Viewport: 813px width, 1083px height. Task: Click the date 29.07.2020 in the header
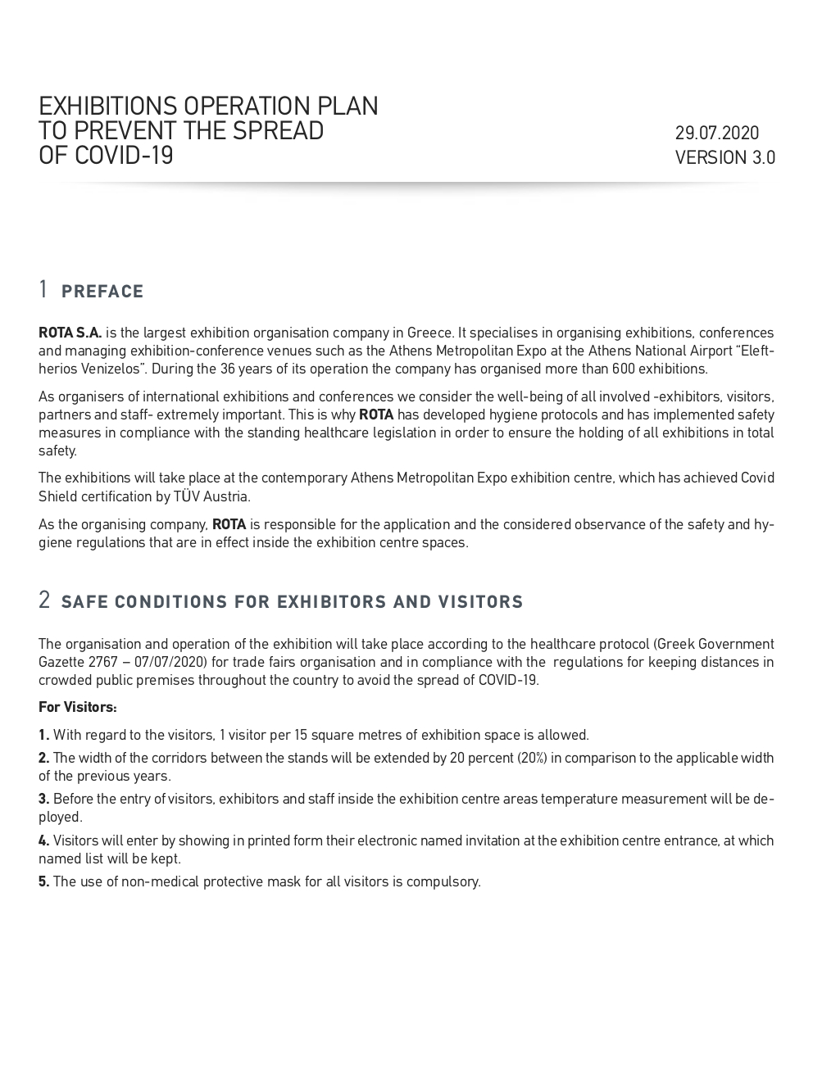(717, 133)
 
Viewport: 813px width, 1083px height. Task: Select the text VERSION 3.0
(724, 157)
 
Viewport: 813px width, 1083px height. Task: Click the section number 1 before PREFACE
(43, 289)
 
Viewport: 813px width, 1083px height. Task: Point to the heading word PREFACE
(102, 292)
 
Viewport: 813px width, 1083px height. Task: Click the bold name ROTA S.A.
(70, 333)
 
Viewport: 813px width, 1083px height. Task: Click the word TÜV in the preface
(184, 496)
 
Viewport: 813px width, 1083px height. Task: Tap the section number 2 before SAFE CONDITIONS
(44, 600)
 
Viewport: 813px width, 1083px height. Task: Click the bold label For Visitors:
(78, 707)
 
